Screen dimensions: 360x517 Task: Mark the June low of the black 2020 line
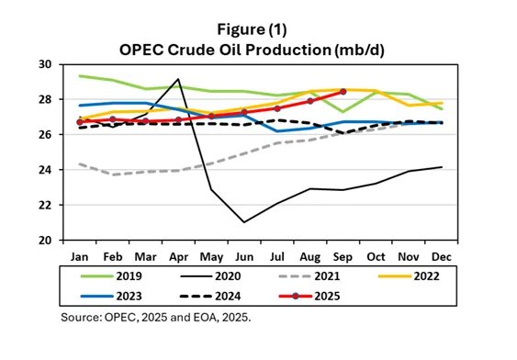[244, 222]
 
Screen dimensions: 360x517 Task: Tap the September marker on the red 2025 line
[343, 92]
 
